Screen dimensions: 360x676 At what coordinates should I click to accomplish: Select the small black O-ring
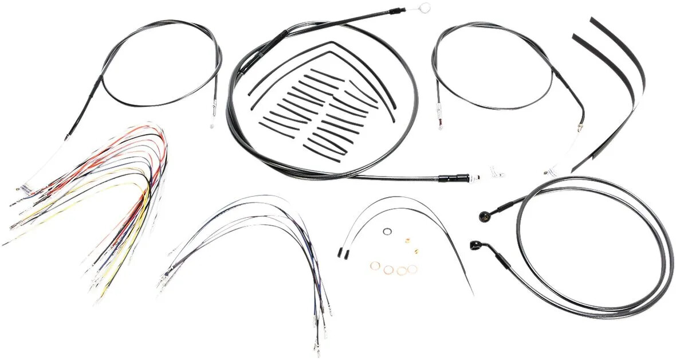click(x=388, y=232)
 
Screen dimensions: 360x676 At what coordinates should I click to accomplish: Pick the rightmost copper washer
click(x=412, y=268)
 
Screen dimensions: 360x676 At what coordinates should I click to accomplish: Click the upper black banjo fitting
click(x=484, y=215)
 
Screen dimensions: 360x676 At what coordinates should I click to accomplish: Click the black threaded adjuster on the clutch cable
click(x=447, y=178)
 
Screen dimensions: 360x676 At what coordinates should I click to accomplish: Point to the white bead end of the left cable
click(x=210, y=126)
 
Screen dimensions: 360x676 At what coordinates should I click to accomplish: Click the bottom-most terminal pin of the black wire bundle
click(x=316, y=347)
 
